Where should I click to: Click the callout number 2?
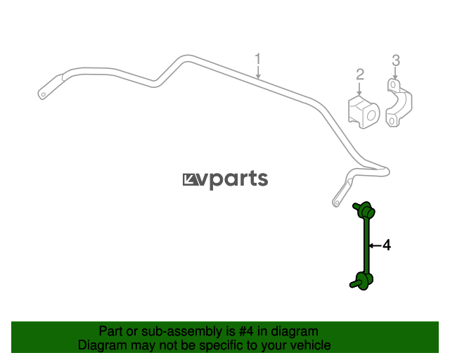tap(360, 74)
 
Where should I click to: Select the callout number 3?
tap(395, 60)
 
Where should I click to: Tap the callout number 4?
tap(386, 245)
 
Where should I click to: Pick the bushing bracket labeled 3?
tap(397, 104)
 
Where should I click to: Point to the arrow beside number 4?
tap(375, 245)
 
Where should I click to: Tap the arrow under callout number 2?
tap(360, 89)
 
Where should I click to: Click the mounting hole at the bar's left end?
tap(44, 92)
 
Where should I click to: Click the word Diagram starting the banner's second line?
tap(102, 345)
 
